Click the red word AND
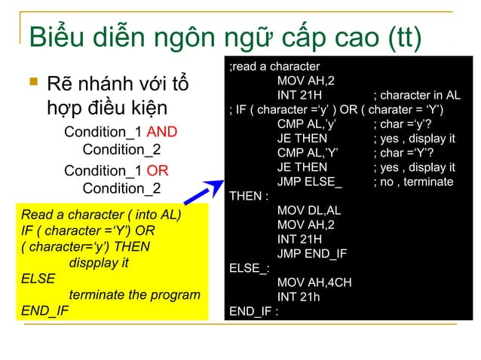(162, 133)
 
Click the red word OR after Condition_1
(157, 171)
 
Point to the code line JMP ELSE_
(309, 182)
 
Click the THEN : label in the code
(248, 197)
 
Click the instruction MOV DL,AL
(309, 210)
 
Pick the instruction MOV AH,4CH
(314, 282)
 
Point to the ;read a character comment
(274, 66)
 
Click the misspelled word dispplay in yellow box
(99, 263)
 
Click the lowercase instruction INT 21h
(299, 297)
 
